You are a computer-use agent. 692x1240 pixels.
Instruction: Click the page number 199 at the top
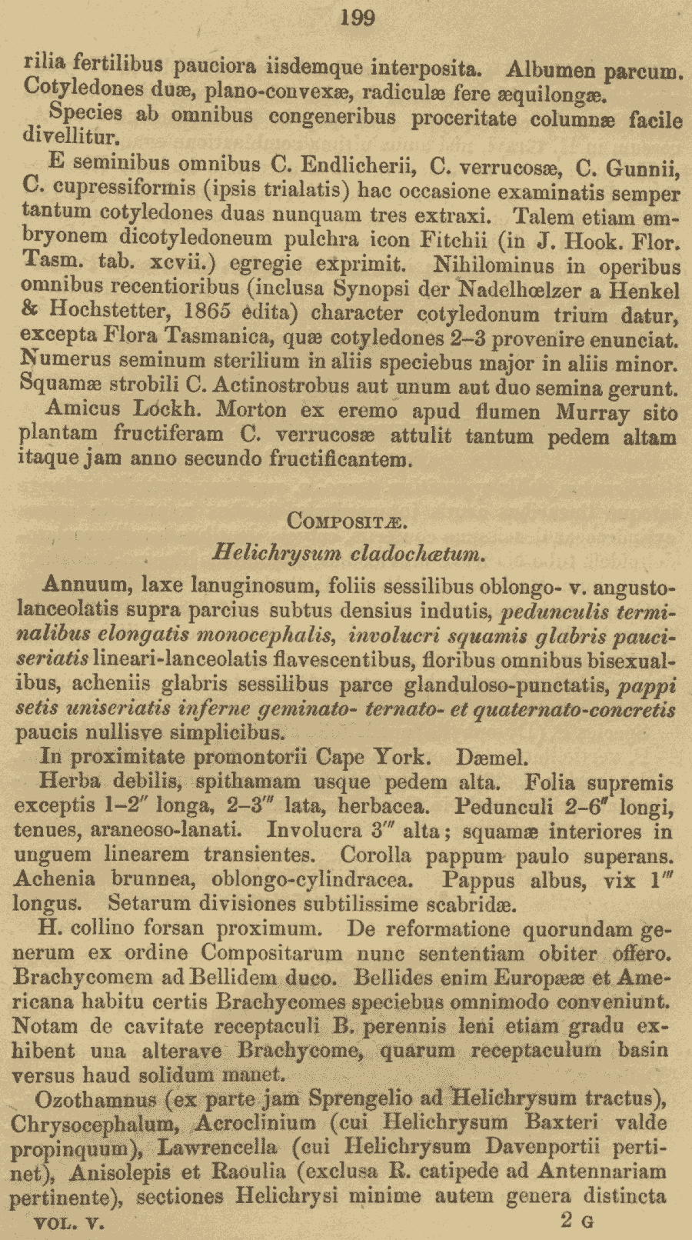[357, 17]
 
